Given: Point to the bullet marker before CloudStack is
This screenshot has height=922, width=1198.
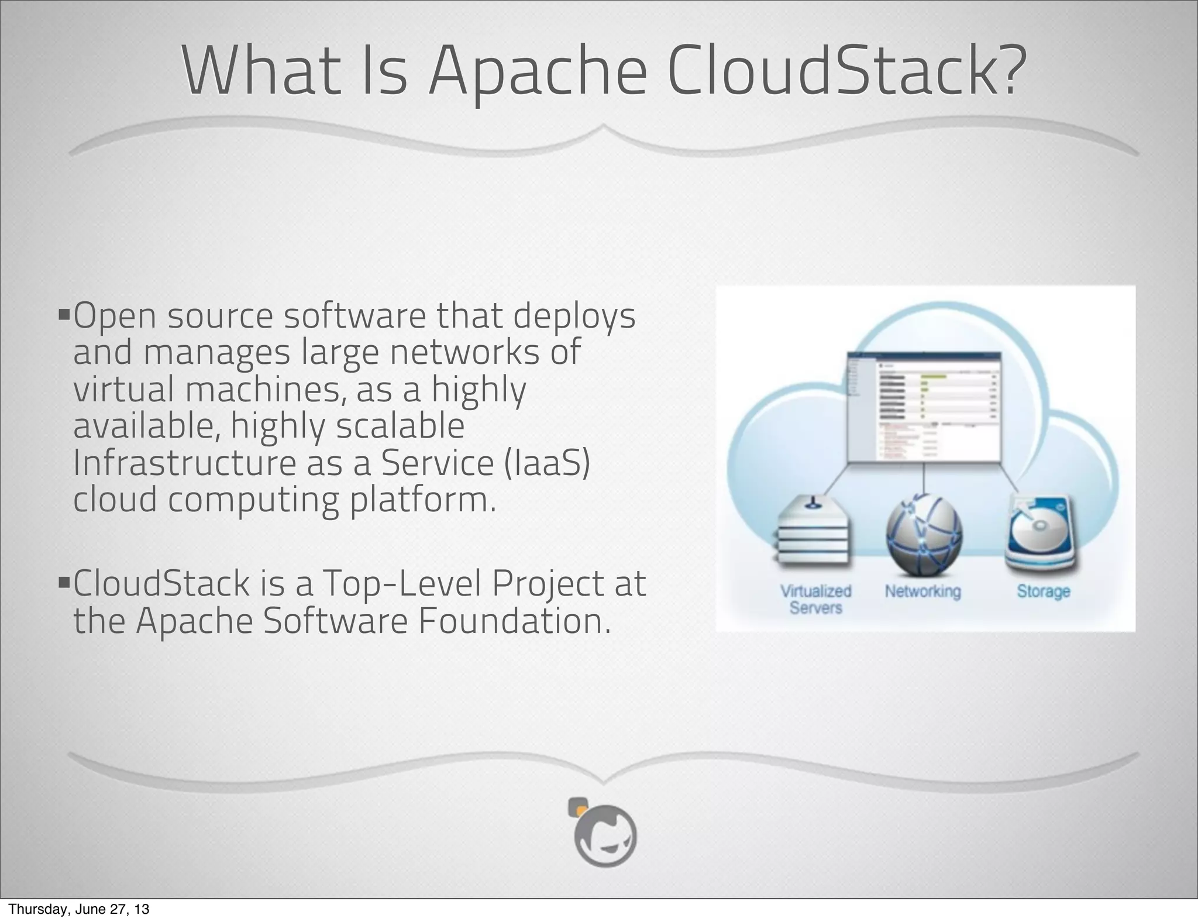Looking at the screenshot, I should click(64, 582).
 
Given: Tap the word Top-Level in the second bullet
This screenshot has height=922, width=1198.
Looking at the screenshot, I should click(400, 583).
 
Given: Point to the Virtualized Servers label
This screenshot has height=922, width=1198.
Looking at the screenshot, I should click(815, 599).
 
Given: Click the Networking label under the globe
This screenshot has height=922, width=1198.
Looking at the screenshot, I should click(922, 591).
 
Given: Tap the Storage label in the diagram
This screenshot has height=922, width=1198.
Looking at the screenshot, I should click(1044, 591).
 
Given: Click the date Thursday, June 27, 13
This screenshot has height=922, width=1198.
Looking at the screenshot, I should click(79, 909).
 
